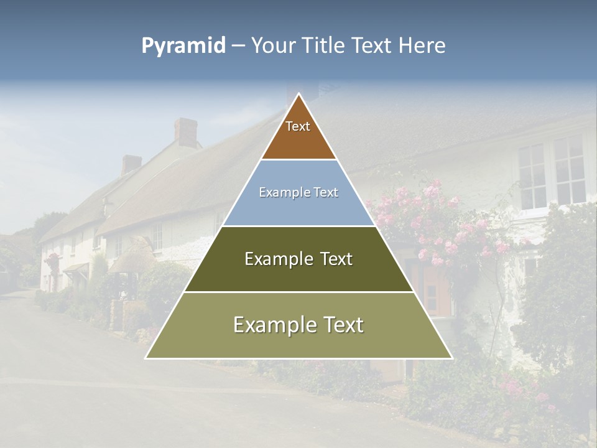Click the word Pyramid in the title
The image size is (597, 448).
(x=183, y=46)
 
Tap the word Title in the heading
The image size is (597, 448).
(x=323, y=46)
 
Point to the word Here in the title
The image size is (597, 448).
(x=422, y=46)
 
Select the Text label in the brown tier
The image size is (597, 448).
(x=298, y=127)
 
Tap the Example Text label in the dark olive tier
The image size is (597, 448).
(x=298, y=259)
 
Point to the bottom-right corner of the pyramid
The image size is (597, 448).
(x=451, y=358)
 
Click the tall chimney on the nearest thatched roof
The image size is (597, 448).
(x=185, y=132)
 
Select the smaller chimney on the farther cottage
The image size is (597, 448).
(x=131, y=164)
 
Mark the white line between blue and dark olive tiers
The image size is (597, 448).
(x=298, y=226)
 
